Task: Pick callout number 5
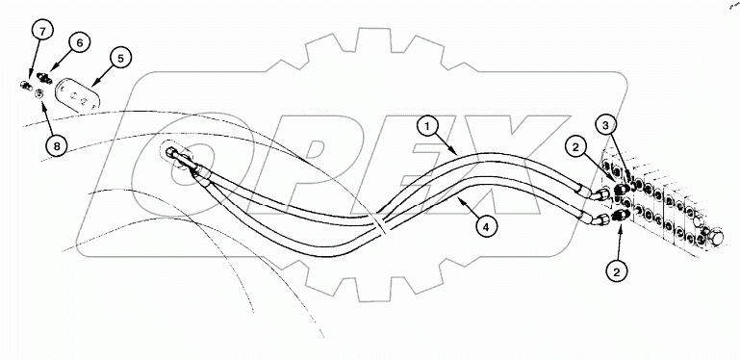120,58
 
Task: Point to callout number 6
79,41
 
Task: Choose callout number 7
41,32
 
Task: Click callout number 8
55,146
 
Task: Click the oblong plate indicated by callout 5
76,95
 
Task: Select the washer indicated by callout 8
38,93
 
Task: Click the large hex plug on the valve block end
716,234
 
